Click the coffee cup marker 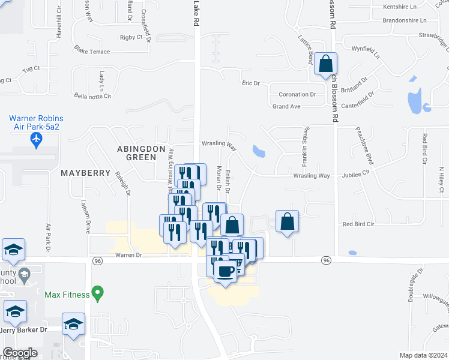click(x=225, y=271)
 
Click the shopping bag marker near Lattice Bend click(x=325, y=64)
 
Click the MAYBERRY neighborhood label click(x=85, y=173)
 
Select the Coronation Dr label click(x=297, y=94)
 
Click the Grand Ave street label click(x=286, y=106)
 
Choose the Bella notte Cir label click(x=92, y=96)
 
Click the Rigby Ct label click(x=131, y=37)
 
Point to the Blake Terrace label click(x=92, y=52)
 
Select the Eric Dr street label click(x=250, y=83)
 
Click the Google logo click(x=20, y=353)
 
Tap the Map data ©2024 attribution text click(x=423, y=355)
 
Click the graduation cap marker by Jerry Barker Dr click(x=73, y=325)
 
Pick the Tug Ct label click(x=31, y=68)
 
